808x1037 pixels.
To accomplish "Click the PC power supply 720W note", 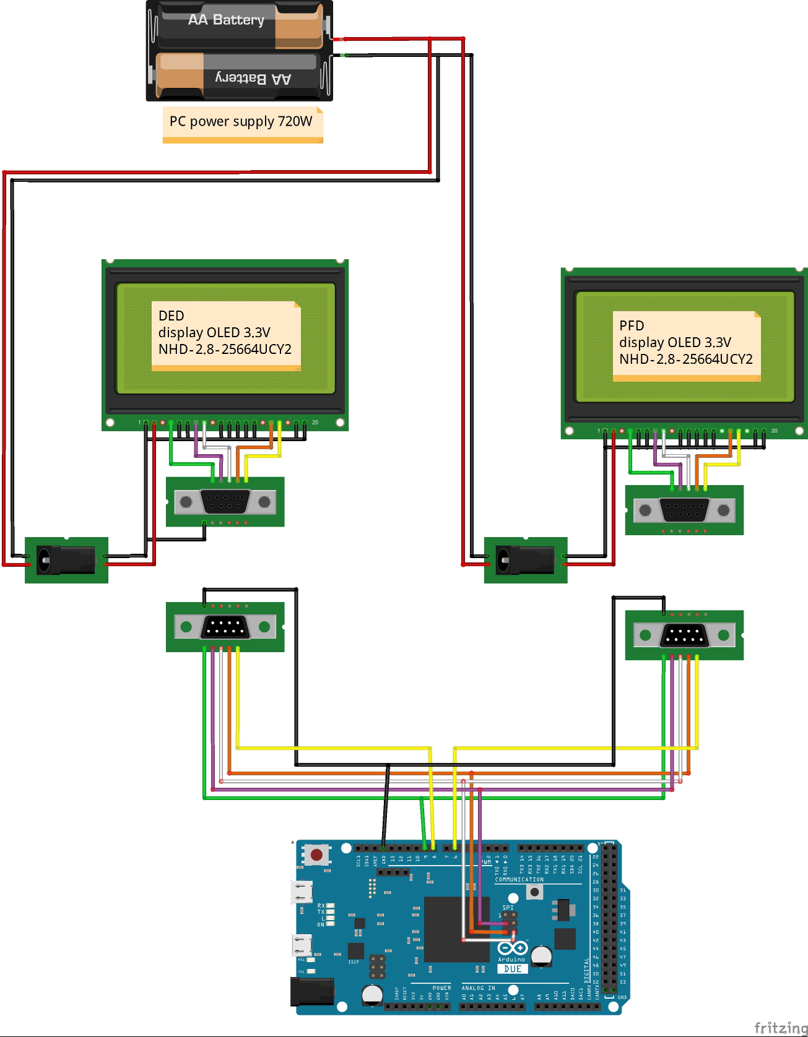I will (x=242, y=122).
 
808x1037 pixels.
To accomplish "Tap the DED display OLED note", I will (x=225, y=333).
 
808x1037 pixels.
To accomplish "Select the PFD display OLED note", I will (x=686, y=343).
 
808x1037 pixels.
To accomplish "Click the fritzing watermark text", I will (x=780, y=1027).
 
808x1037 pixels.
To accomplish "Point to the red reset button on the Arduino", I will (x=316, y=855).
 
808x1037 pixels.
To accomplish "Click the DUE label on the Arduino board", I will (x=513, y=969).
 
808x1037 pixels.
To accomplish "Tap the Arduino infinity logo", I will (x=513, y=948).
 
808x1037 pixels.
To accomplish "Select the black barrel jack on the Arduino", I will (x=312, y=991).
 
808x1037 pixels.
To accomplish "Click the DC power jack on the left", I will (x=66, y=560).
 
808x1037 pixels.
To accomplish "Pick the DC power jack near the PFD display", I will (x=525, y=560).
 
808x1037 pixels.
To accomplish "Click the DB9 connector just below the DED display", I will (x=225, y=501).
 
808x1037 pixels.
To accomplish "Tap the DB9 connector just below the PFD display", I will (x=684, y=510).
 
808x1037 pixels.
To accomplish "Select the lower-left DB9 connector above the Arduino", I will (x=225, y=627).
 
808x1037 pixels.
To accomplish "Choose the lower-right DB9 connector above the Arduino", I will (x=684, y=635).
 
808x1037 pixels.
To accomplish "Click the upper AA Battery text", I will (x=226, y=20).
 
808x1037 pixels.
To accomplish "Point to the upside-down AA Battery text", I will (x=253, y=79).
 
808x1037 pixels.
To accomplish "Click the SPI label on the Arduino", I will (x=508, y=908).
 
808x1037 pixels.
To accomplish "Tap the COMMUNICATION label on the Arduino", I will (x=519, y=879).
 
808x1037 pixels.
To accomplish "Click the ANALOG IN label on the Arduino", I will (x=478, y=988).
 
